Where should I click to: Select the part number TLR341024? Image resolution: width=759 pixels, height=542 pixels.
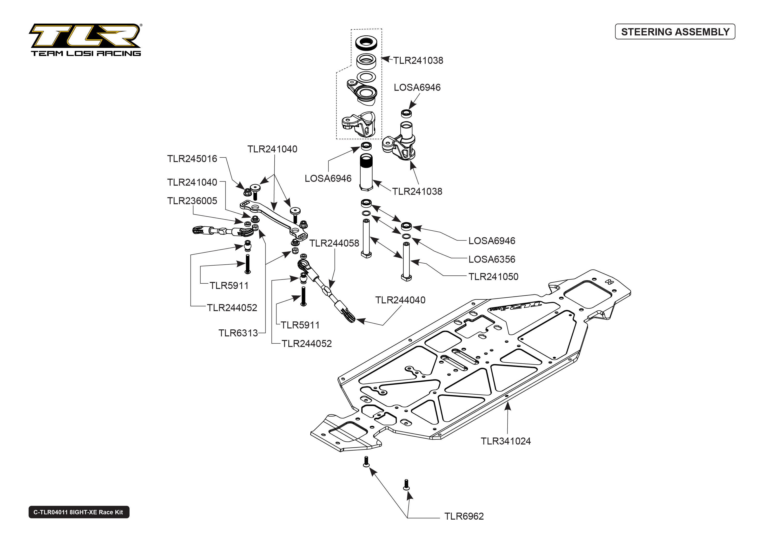coord(505,441)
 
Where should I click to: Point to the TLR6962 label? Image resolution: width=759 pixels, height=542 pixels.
coord(464,516)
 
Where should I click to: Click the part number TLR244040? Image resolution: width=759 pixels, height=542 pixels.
coord(400,300)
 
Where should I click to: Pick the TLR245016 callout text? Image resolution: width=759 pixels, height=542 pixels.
coord(192,159)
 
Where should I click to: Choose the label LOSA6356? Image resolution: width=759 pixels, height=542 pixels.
coord(491,259)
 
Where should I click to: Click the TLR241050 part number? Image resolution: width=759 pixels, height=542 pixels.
coord(493,277)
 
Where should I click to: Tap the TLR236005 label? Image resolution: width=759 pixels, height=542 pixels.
coord(192,201)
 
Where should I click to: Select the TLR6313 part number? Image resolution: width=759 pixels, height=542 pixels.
coord(238,333)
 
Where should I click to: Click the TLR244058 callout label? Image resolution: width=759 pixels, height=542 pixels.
coord(334,243)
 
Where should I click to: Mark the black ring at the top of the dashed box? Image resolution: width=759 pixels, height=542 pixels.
coord(366,43)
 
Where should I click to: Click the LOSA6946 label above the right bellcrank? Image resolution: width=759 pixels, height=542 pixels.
coord(417,87)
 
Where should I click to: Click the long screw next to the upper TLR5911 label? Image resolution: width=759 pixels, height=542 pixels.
coord(247,264)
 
